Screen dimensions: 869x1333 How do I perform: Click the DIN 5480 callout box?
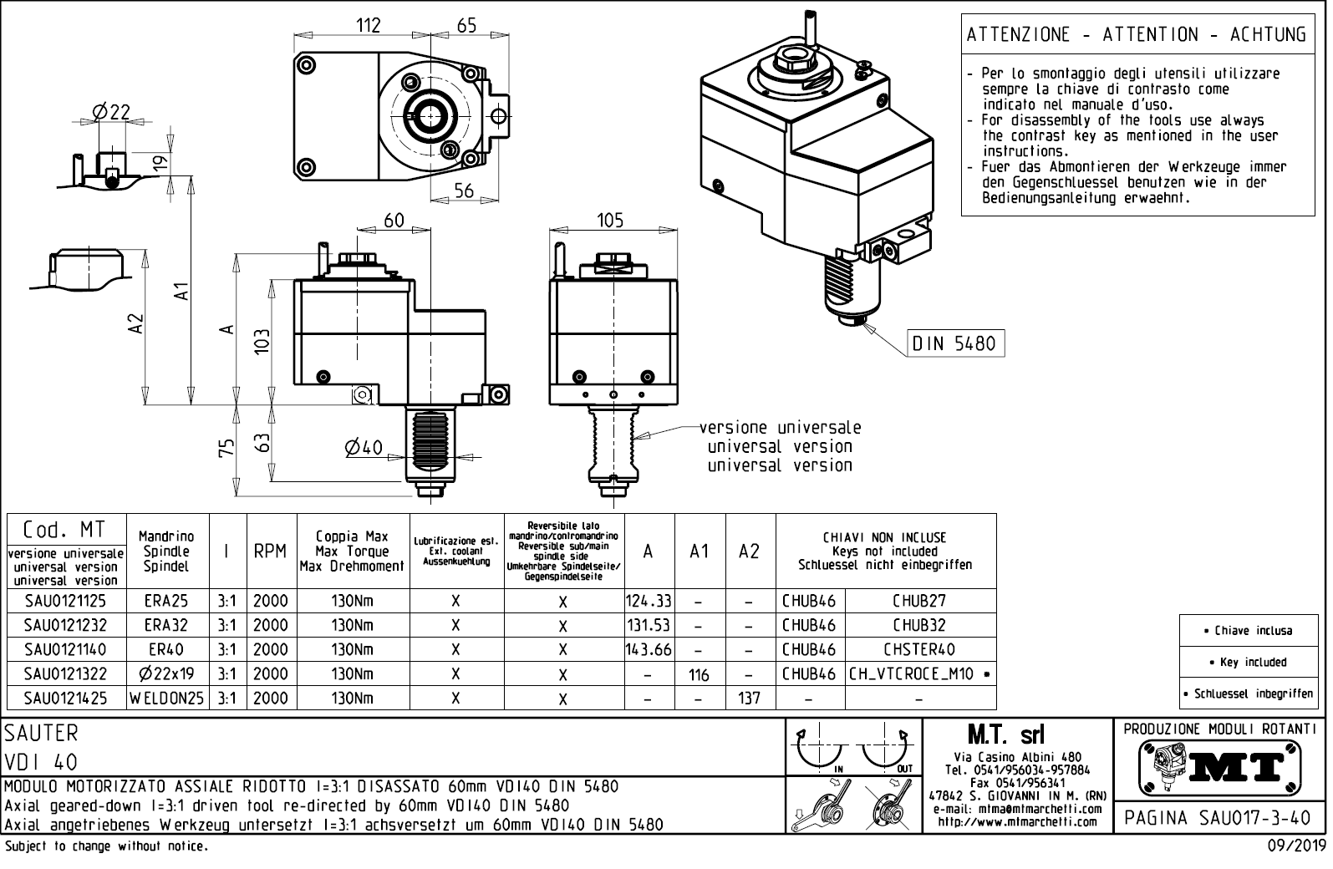pos(956,343)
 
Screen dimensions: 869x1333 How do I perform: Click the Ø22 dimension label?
pos(111,111)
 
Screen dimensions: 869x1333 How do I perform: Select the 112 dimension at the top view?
pos(368,25)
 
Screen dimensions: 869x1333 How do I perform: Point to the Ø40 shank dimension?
pos(363,448)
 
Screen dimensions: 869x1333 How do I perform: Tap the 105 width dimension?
pos(610,220)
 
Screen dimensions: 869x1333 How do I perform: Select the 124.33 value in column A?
pos(649,601)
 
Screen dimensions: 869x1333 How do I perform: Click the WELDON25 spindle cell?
pos(167,698)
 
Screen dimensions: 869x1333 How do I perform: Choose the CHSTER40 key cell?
pos(919,649)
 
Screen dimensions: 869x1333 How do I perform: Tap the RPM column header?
pos(270,551)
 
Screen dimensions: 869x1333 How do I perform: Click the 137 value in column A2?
pos(750,698)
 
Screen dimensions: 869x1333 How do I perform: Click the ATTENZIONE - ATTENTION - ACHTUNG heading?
pos(1136,34)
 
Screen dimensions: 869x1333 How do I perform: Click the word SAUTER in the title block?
pos(42,733)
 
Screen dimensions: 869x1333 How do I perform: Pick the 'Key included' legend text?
pos(1253,662)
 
